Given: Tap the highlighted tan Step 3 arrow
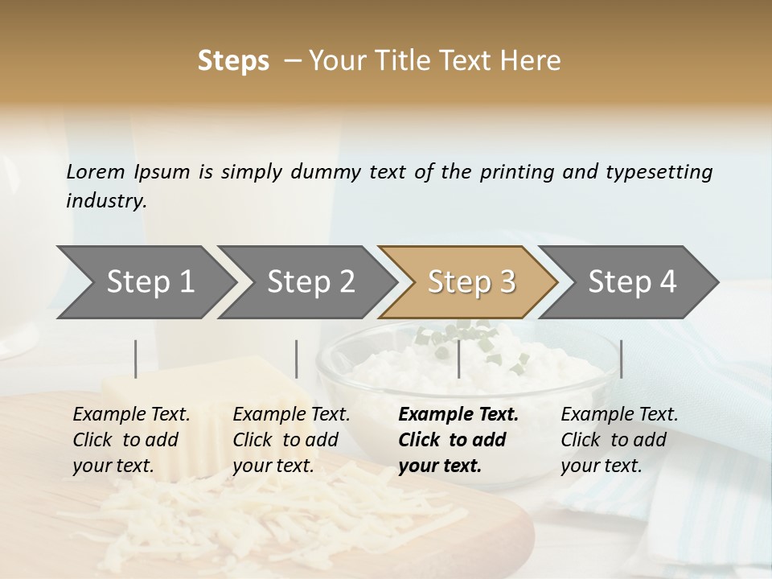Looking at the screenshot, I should point(469,282).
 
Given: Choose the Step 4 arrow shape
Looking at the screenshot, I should point(630,282).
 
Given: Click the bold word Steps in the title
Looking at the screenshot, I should point(233,61).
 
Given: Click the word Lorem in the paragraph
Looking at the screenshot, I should point(96,171).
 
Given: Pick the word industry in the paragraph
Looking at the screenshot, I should point(105,200).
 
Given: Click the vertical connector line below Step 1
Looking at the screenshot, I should point(136,359).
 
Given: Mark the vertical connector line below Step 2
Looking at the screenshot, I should point(297,359).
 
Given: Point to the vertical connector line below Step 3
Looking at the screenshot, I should point(458,359).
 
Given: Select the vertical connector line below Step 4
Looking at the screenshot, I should point(621,359).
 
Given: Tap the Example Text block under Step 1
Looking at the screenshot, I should point(131,440).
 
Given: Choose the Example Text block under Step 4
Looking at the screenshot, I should point(619,440).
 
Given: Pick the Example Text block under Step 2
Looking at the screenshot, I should point(291,440).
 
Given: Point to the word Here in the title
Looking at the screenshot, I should point(535,61).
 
